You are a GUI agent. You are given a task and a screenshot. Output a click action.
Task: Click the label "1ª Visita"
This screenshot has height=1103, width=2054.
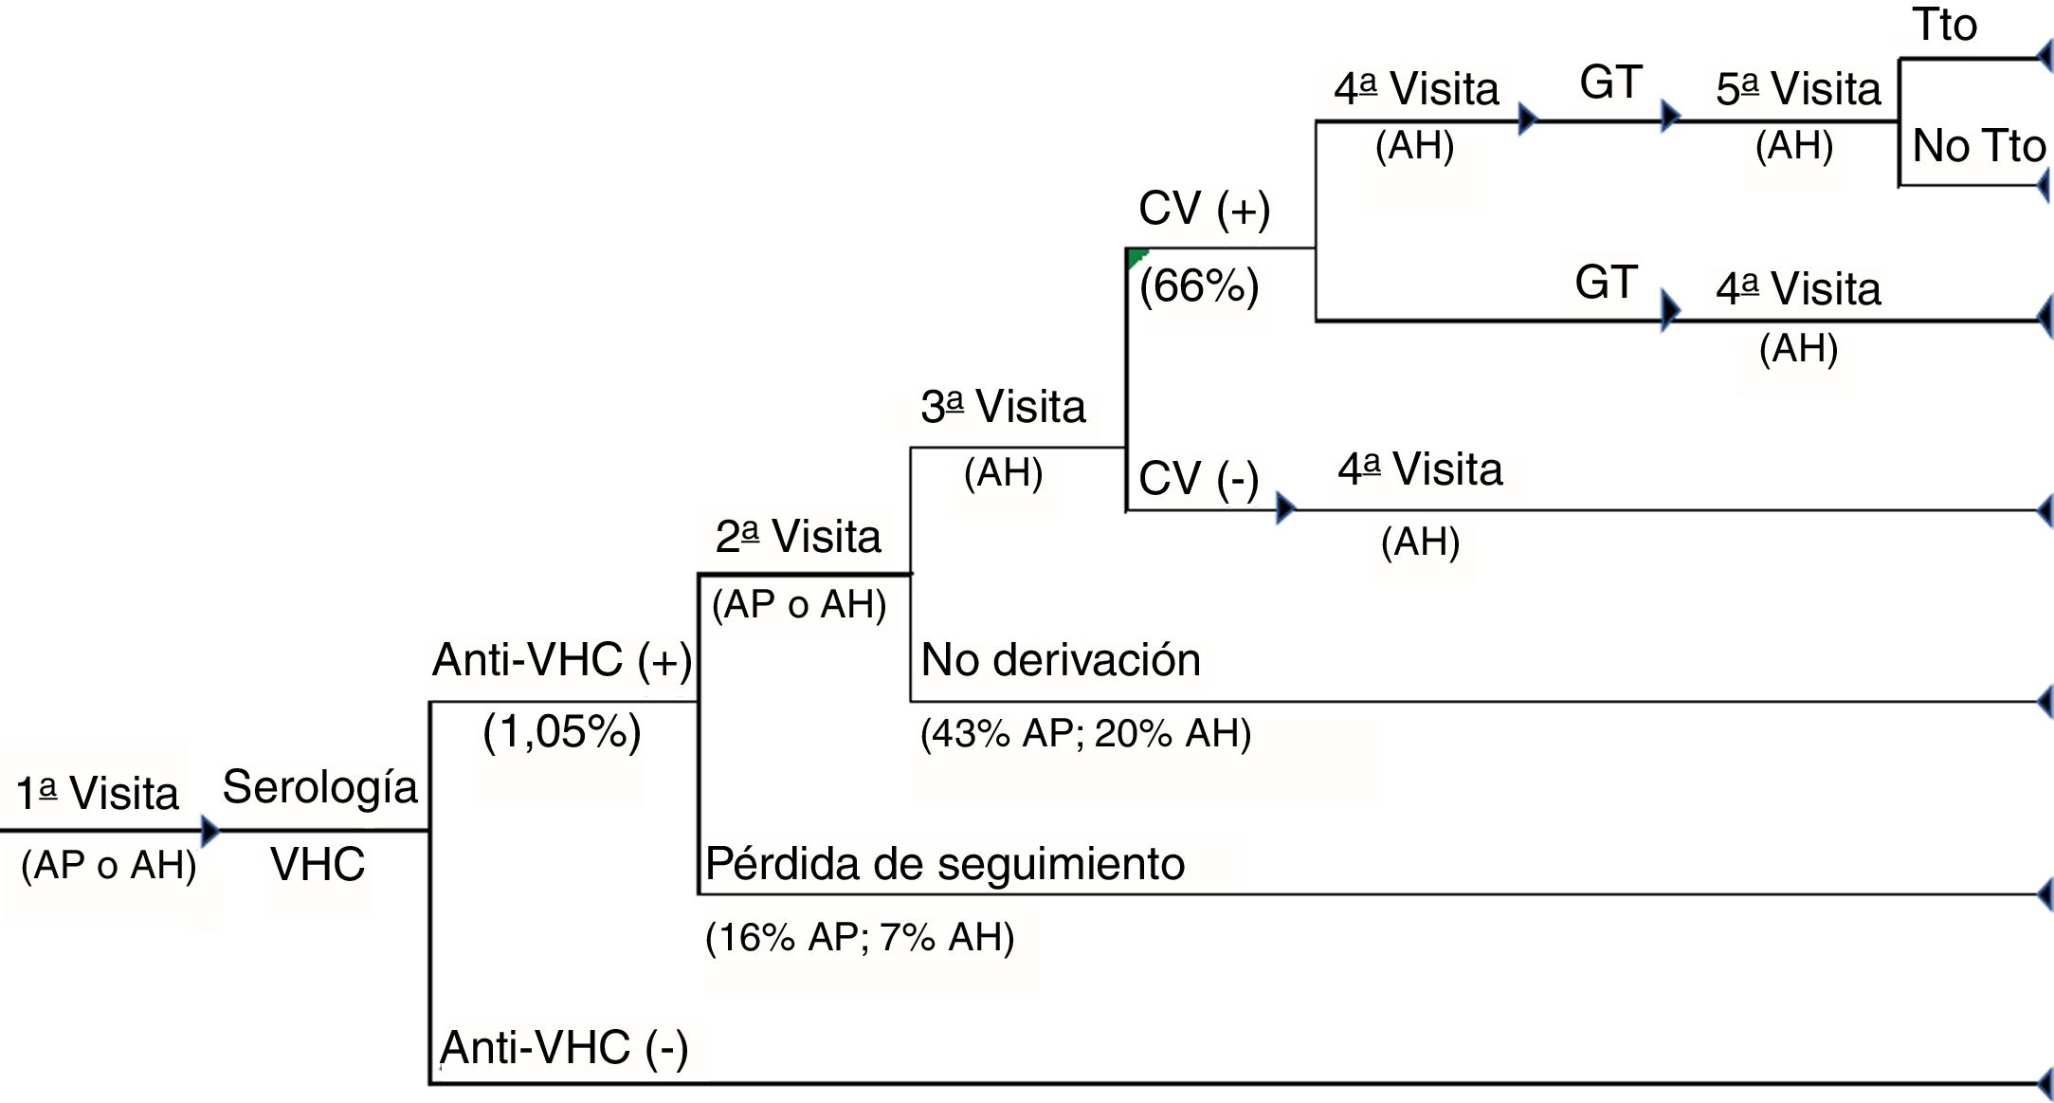(x=97, y=793)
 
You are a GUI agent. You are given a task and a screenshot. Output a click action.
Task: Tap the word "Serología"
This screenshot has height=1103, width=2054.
(x=319, y=787)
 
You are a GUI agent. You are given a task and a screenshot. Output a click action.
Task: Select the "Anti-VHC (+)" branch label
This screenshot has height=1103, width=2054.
(x=562, y=659)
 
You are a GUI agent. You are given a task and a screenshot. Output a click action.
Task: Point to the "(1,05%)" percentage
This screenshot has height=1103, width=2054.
(x=562, y=732)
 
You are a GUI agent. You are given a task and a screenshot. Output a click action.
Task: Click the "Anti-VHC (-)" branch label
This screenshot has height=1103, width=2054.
(x=564, y=1048)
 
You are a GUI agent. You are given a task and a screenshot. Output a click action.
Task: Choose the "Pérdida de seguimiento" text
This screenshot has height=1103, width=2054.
(x=945, y=864)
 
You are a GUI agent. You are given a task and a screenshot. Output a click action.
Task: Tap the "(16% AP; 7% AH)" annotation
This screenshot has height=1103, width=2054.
(x=860, y=937)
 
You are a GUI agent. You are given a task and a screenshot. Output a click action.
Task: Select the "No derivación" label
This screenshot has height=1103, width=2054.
(x=1061, y=660)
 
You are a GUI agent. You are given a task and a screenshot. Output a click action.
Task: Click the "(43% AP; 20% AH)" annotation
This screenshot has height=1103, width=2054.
(x=1085, y=733)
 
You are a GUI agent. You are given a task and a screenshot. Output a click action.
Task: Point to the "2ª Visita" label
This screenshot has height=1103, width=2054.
(x=798, y=537)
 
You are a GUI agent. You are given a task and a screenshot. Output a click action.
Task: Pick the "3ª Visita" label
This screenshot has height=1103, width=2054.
(x=1003, y=407)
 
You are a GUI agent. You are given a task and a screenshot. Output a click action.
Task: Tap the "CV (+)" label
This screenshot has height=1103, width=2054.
(x=1204, y=209)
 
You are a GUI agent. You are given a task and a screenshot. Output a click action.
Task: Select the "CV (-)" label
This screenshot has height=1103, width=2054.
(x=1198, y=478)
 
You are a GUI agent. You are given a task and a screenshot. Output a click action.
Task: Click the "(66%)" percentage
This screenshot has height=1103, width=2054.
(x=1199, y=285)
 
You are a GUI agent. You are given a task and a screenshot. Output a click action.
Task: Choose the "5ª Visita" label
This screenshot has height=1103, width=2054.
(x=1798, y=89)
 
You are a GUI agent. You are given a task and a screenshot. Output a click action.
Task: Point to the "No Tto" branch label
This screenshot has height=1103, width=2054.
(x=1979, y=146)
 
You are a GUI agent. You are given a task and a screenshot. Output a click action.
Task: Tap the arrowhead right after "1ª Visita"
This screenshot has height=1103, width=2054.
(x=209, y=831)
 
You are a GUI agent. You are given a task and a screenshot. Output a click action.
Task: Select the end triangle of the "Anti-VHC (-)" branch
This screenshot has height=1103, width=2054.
(x=2045, y=1083)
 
